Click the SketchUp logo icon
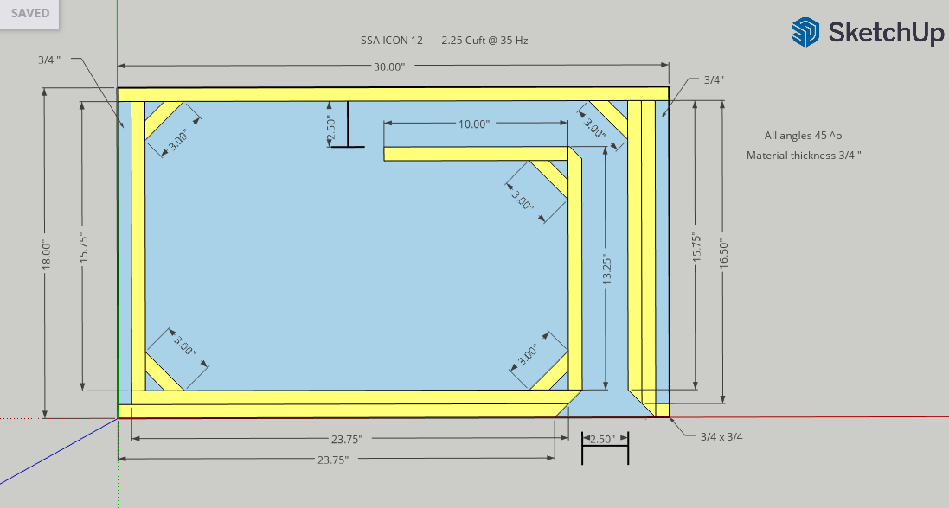tap(805, 32)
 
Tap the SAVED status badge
tap(29, 13)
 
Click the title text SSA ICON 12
tap(392, 41)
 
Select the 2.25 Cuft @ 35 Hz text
tap(484, 41)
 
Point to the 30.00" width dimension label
tap(388, 67)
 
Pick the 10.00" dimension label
tap(474, 124)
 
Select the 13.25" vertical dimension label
tap(607, 270)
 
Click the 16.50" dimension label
tap(724, 253)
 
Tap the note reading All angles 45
tap(803, 136)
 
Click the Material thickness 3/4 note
tap(804, 156)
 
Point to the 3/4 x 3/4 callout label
tap(721, 436)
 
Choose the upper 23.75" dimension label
tap(347, 440)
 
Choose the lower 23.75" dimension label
tap(333, 460)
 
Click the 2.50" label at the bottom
tap(603, 440)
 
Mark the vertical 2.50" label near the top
tap(330, 130)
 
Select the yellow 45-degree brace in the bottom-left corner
tap(164, 371)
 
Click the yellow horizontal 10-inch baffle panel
tap(476, 154)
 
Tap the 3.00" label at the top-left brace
tap(178, 139)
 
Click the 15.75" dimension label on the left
tap(84, 247)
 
